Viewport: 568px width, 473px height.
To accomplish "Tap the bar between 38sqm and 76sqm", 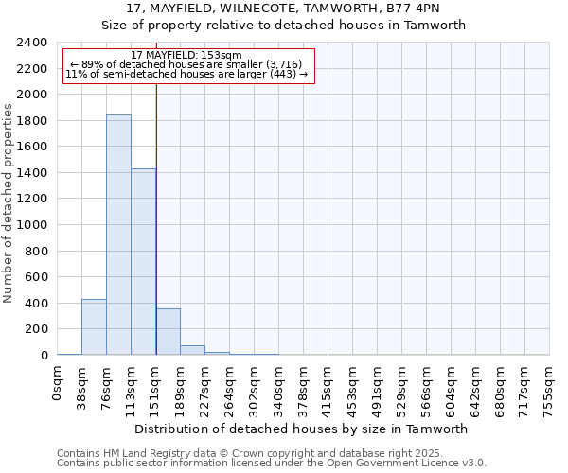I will point(94,327).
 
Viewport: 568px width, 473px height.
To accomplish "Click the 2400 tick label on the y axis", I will point(32,43).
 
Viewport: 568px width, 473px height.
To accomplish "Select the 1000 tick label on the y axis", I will point(32,225).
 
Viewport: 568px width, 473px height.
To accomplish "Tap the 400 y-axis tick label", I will point(36,304).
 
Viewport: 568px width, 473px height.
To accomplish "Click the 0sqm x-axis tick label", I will point(58,383).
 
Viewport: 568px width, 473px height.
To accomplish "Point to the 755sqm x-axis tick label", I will point(550,387).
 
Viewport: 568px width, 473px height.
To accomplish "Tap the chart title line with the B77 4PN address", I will point(284,9).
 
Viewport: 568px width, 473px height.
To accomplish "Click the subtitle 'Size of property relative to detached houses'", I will point(284,26).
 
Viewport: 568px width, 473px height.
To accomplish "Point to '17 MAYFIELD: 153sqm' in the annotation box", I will point(186,56).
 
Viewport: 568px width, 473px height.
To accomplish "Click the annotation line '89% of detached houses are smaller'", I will point(186,64).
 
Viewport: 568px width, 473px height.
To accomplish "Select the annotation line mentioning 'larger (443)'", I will point(186,74).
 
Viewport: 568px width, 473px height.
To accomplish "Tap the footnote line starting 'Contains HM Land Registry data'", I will point(257,453).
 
